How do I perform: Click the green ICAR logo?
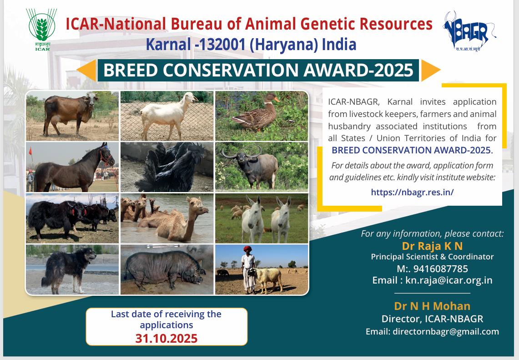click(41, 30)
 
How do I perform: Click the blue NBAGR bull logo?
click(469, 31)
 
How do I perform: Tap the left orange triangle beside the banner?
click(86, 70)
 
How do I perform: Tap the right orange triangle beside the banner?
click(431, 70)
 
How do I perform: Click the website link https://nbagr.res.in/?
click(412, 192)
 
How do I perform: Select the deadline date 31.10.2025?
click(166, 339)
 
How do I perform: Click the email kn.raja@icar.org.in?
click(449, 280)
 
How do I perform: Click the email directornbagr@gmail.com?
click(445, 331)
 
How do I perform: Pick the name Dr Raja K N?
click(432, 246)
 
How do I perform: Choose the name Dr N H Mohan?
click(432, 306)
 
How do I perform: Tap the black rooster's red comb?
click(197, 147)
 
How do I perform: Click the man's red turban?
click(247, 249)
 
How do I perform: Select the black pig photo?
click(167, 269)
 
